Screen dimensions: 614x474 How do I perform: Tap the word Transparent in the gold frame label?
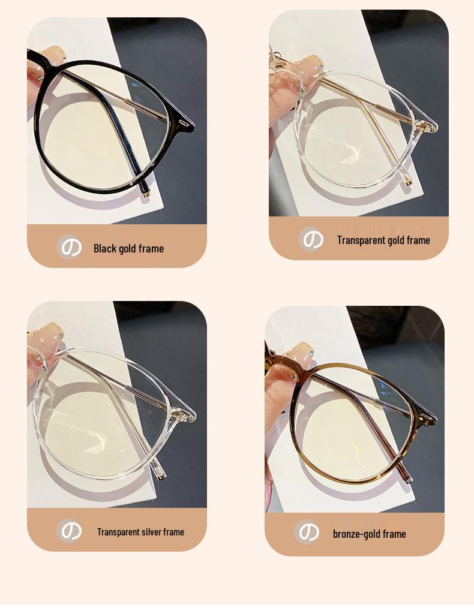361,240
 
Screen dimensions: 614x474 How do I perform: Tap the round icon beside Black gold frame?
70,247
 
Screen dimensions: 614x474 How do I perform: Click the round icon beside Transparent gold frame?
311,239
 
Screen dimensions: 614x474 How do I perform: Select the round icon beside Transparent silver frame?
70,531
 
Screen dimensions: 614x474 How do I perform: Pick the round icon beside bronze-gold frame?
307,532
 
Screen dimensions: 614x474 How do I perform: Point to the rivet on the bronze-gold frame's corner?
427,416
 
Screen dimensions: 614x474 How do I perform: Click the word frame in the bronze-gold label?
394,534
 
